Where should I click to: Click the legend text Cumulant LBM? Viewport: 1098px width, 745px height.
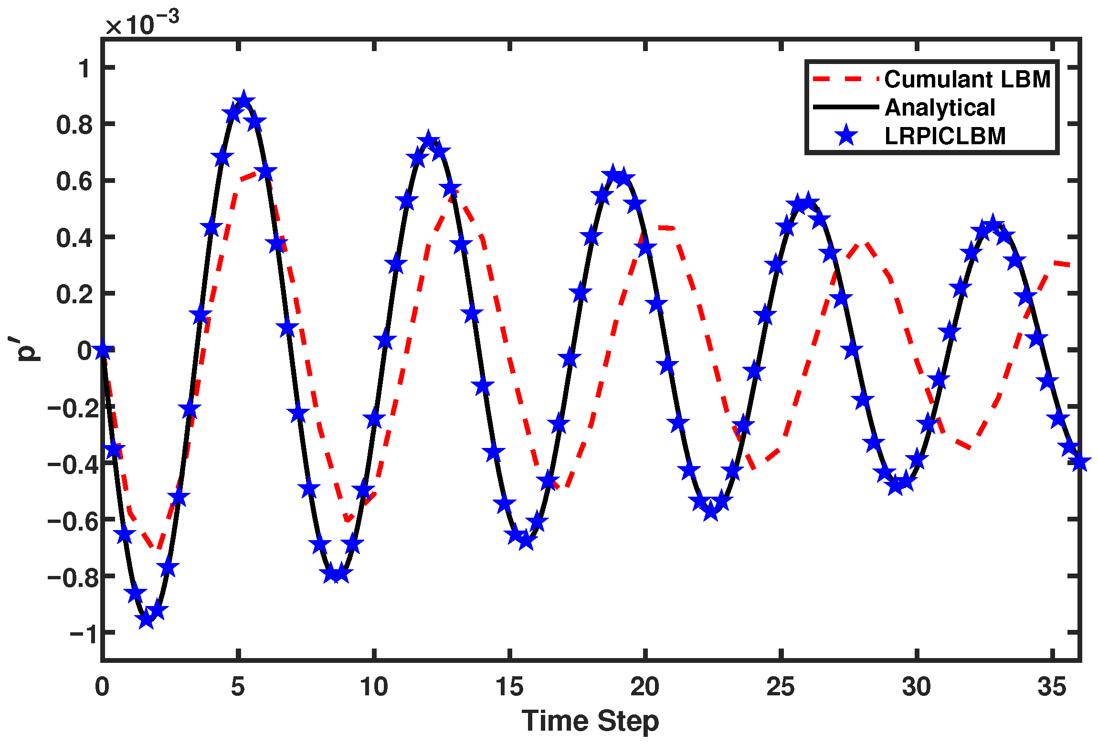click(967, 79)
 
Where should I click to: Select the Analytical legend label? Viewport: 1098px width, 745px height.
click(940, 107)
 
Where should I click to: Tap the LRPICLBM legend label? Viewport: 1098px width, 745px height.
click(945, 136)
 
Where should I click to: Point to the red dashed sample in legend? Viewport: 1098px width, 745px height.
click(845, 79)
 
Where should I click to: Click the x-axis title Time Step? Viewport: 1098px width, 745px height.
click(590, 721)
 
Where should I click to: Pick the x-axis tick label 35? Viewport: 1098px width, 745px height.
click(1052, 687)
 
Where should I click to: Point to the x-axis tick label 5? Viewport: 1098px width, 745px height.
click(238, 687)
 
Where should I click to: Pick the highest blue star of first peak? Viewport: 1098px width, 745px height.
click(244, 100)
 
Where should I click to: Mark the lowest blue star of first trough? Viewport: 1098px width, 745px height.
click(147, 619)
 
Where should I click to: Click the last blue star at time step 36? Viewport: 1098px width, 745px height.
click(1080, 462)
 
